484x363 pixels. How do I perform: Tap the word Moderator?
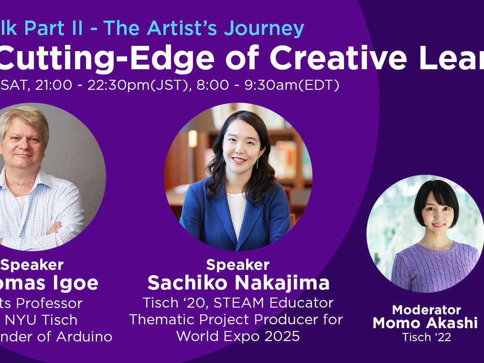[x=427, y=310]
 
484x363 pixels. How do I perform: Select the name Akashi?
[x=452, y=323]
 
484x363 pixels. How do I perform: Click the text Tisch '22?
[x=427, y=337]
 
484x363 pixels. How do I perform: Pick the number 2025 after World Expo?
[x=282, y=336]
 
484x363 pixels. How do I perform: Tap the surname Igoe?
[x=78, y=283]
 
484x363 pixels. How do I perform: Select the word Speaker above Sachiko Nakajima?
[x=238, y=265]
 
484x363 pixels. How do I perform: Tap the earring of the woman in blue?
[x=257, y=164]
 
